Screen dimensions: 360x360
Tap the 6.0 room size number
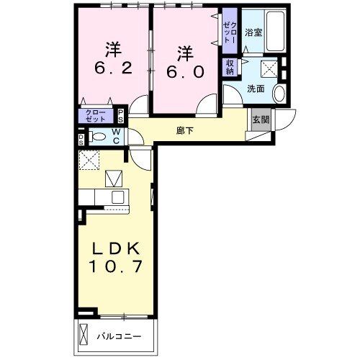coord(186,72)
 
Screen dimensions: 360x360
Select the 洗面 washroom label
coord(256,89)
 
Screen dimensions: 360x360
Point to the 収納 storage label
coord(230,66)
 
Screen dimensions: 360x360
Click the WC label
coord(115,136)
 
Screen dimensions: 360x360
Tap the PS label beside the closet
coord(122,115)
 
